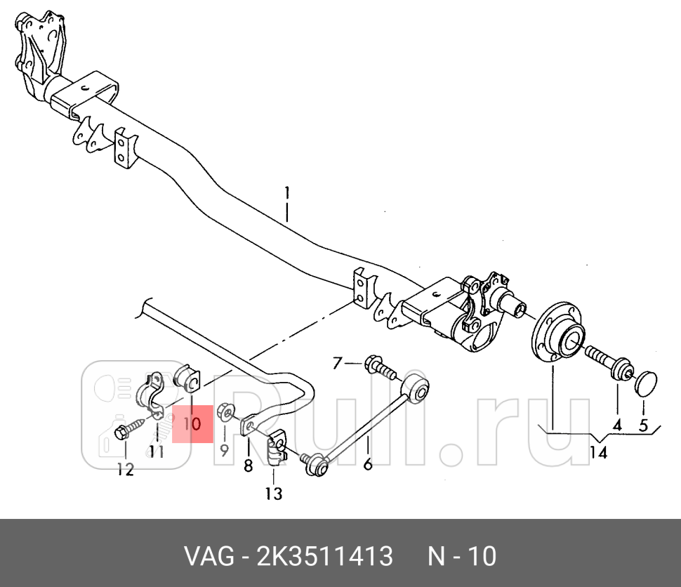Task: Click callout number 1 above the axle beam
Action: click(x=286, y=192)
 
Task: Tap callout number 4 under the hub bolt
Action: click(x=617, y=424)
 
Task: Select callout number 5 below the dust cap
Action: click(x=643, y=424)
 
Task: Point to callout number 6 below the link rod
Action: click(x=367, y=463)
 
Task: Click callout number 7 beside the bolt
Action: click(x=337, y=363)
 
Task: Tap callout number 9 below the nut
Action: click(x=224, y=449)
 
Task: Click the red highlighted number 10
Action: click(x=192, y=424)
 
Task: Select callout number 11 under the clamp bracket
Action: click(x=156, y=451)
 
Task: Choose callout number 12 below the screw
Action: click(x=125, y=470)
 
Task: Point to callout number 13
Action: click(x=273, y=494)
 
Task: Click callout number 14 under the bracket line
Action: click(x=598, y=453)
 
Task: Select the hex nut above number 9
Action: click(x=226, y=409)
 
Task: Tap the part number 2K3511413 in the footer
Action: click(x=326, y=557)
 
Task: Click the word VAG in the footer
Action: click(x=209, y=557)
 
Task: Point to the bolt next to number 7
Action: click(x=378, y=366)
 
